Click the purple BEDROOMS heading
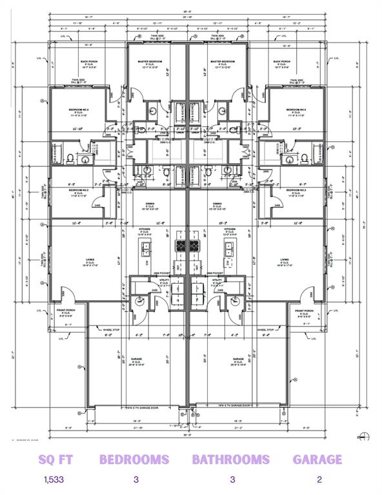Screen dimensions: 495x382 pos(134,460)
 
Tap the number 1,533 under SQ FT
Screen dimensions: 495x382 pos(54,480)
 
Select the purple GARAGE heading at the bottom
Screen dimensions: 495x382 pos(317,460)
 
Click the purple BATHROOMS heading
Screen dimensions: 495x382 pos(231,460)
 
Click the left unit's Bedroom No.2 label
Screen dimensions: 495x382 pos(79,191)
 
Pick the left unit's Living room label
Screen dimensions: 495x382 pos(90,261)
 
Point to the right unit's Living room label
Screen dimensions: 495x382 pos(285,261)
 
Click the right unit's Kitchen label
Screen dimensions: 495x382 pos(230,230)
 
